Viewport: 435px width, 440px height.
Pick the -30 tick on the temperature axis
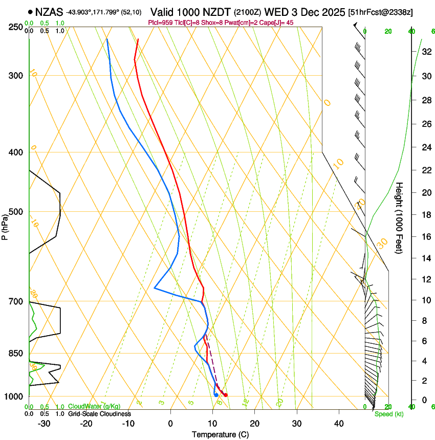pyautogui.click(x=44, y=424)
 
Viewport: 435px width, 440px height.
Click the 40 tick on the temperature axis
pyautogui.click(x=339, y=424)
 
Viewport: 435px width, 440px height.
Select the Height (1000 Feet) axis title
pyautogui.click(x=400, y=217)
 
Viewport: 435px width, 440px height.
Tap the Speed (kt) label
pyautogui.click(x=388, y=414)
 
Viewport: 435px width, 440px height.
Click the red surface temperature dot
pyautogui.click(x=225, y=395)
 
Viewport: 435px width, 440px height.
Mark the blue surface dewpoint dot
pyautogui.click(x=216, y=395)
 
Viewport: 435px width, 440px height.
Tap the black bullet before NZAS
pyautogui.click(x=31, y=11)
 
